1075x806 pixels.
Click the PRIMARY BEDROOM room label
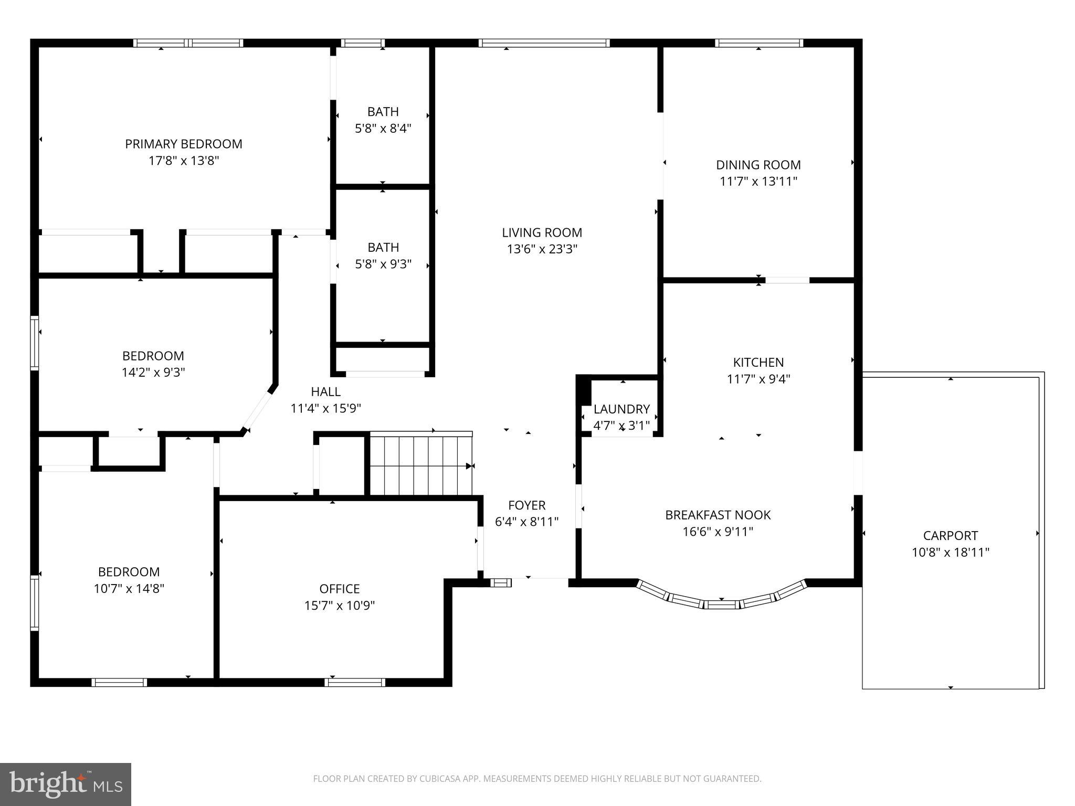[183, 144]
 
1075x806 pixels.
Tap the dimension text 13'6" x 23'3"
[542, 249]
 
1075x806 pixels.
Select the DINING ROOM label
[758, 165]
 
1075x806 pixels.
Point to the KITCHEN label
[758, 362]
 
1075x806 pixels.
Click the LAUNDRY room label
[621, 409]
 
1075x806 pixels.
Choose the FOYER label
[526, 505]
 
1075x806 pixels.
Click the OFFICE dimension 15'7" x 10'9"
[339, 606]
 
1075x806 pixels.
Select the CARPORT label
[950, 536]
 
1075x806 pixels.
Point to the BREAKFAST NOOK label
[718, 515]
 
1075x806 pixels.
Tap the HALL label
[325, 391]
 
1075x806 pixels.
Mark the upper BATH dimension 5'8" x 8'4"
[383, 128]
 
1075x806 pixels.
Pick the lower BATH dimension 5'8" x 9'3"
[383, 264]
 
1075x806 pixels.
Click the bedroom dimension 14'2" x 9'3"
[153, 372]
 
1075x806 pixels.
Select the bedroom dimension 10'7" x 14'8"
[129, 588]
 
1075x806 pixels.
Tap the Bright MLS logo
[65, 784]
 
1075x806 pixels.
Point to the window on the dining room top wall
[758, 43]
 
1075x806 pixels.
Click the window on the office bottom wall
[355, 682]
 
